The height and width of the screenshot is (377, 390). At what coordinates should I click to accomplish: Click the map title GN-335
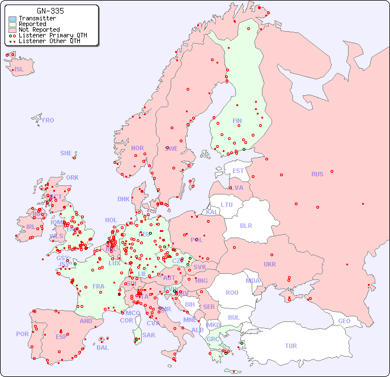click(x=50, y=11)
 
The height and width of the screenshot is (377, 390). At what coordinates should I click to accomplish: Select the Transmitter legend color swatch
click(x=12, y=19)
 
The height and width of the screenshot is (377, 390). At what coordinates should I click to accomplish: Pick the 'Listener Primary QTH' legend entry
click(x=53, y=35)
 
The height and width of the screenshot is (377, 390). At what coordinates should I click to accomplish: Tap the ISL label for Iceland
click(x=19, y=70)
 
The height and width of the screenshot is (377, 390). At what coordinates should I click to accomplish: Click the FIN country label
click(x=237, y=121)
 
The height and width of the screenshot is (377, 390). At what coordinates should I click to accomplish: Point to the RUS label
click(x=317, y=174)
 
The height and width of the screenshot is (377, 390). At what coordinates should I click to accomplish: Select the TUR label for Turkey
click(x=291, y=346)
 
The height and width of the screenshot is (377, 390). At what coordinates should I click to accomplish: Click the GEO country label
click(x=344, y=321)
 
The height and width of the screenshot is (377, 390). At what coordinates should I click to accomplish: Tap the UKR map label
click(x=270, y=264)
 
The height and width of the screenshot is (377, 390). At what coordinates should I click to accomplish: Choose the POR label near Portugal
click(x=22, y=334)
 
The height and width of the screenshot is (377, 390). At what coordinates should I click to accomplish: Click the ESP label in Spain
click(x=61, y=337)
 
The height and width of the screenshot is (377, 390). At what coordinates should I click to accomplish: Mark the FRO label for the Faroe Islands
click(x=48, y=120)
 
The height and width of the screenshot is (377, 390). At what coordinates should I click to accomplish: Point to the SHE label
click(x=66, y=153)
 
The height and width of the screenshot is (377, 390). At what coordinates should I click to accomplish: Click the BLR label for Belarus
click(x=245, y=225)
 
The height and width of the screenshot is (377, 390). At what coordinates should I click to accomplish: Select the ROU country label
click(x=232, y=293)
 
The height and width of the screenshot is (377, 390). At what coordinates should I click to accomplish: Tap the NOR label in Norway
click(x=137, y=148)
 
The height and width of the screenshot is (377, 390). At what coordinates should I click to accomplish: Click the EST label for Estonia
click(x=238, y=171)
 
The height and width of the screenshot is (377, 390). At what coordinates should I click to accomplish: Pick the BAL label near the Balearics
click(x=103, y=348)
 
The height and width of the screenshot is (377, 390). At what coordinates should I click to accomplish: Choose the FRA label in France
click(x=99, y=286)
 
